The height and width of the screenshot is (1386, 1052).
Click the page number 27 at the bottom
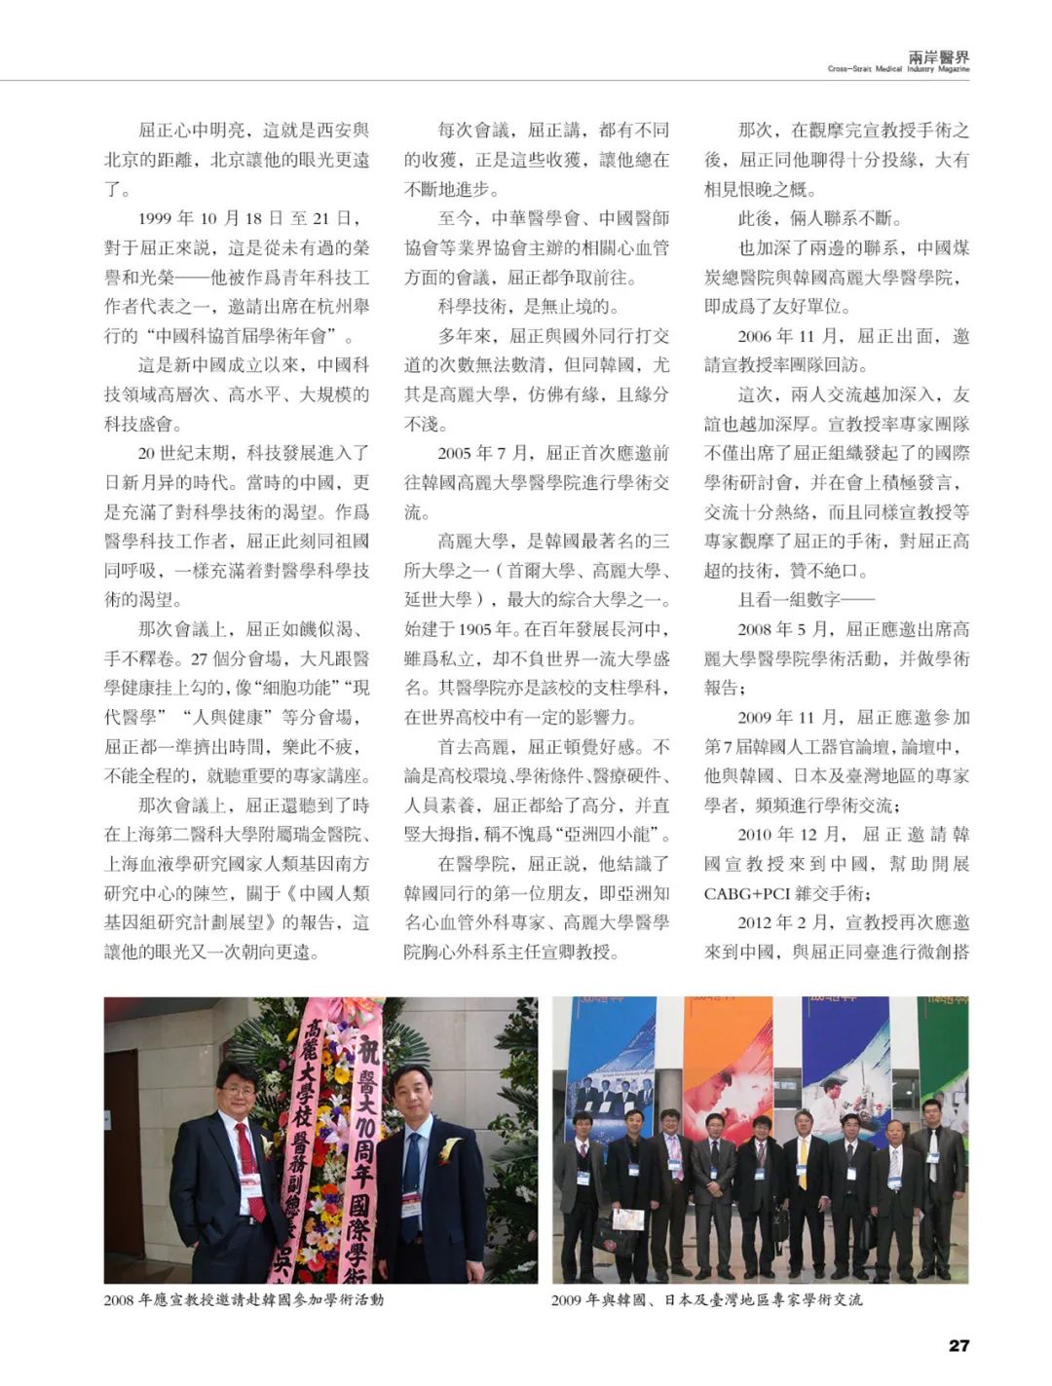(x=958, y=1345)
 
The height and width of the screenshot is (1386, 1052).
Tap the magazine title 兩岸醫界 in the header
(x=938, y=57)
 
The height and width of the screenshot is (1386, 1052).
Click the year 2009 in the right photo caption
(x=567, y=1299)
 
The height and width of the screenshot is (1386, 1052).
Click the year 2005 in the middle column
(x=456, y=453)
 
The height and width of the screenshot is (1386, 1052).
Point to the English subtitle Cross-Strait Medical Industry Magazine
(x=898, y=70)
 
